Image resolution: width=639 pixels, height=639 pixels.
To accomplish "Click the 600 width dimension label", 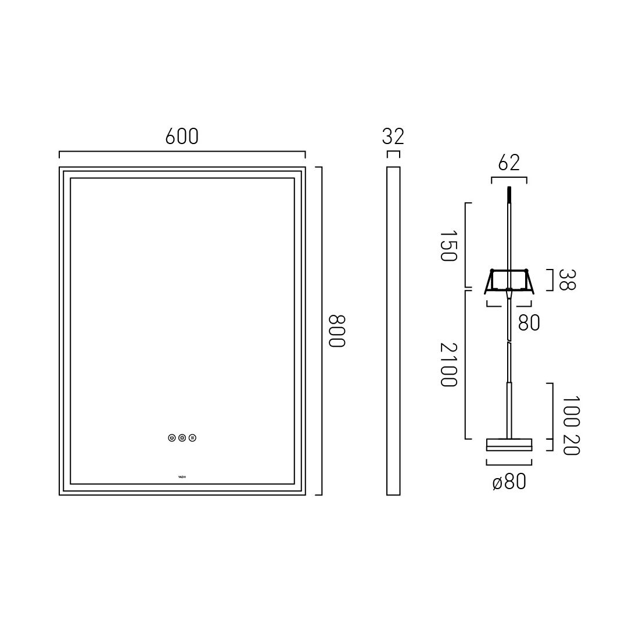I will (182, 137).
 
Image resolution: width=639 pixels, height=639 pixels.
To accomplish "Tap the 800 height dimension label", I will (337, 331).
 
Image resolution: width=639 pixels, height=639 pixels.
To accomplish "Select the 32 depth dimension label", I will (393, 137).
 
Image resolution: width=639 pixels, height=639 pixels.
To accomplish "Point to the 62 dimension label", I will (509, 163).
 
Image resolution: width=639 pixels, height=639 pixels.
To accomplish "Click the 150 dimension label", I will (449, 246).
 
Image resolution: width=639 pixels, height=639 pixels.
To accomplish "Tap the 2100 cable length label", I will (449, 364).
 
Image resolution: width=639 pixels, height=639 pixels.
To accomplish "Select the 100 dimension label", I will (571, 411).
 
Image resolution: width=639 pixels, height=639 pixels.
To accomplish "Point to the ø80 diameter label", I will (509, 482).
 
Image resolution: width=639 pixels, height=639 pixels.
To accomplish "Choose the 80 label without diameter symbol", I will (529, 322).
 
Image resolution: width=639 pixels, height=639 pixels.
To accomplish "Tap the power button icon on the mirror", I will (171, 438).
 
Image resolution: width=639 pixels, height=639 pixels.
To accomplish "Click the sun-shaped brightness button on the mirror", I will (182, 438).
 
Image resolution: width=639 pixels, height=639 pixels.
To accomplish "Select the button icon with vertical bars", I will (192, 438).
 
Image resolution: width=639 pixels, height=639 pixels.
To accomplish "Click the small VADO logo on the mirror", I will (182, 478).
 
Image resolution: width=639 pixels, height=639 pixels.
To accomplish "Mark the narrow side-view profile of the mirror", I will (393, 331).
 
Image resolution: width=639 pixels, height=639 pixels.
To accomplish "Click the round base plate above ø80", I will (509, 444).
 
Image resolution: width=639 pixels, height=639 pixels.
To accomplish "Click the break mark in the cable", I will (509, 344).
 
